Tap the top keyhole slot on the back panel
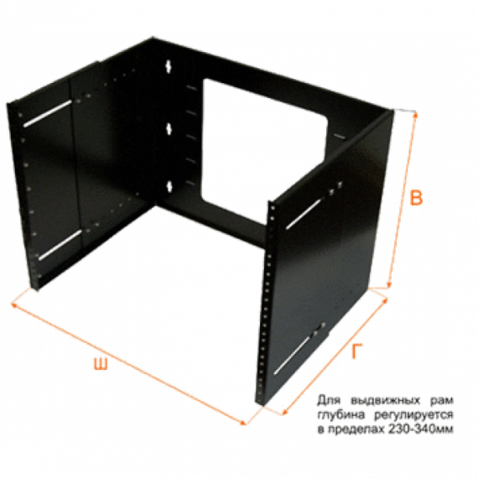(171, 66)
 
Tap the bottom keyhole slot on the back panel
(171, 184)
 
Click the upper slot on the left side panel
(48, 114)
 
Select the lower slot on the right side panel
(298, 351)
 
